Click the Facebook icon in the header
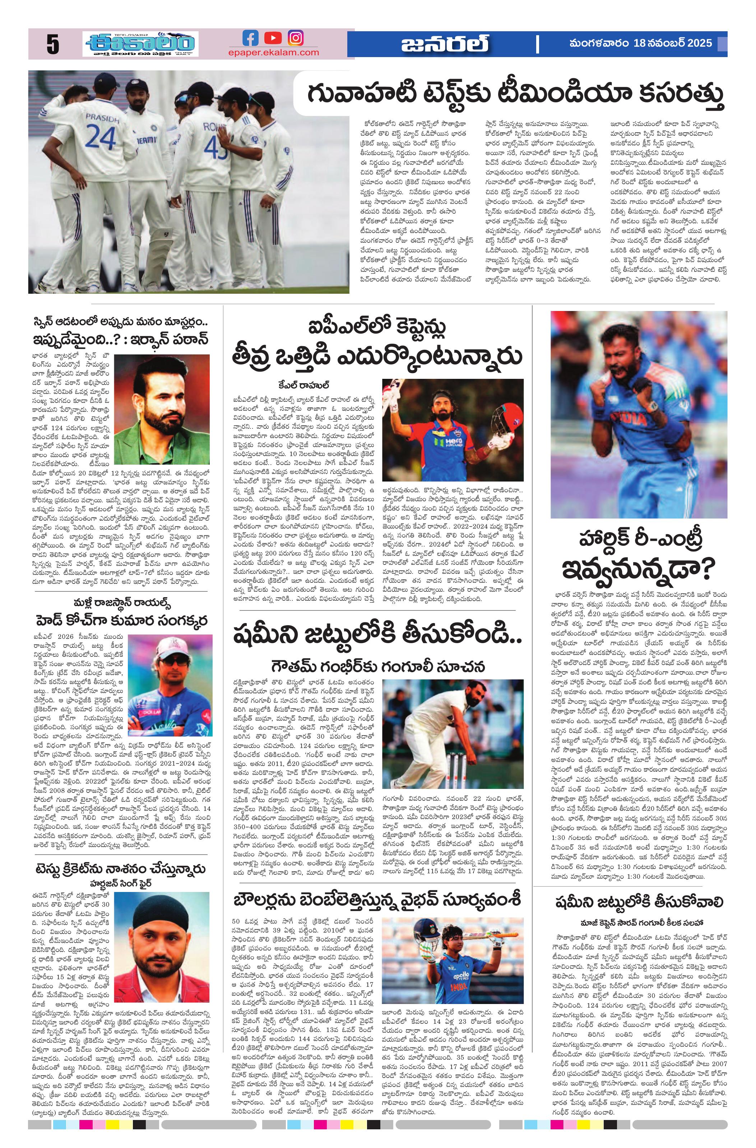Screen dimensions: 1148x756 click(250, 38)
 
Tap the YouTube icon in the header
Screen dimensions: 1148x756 click(273, 38)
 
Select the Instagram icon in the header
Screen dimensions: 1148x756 click(295, 38)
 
